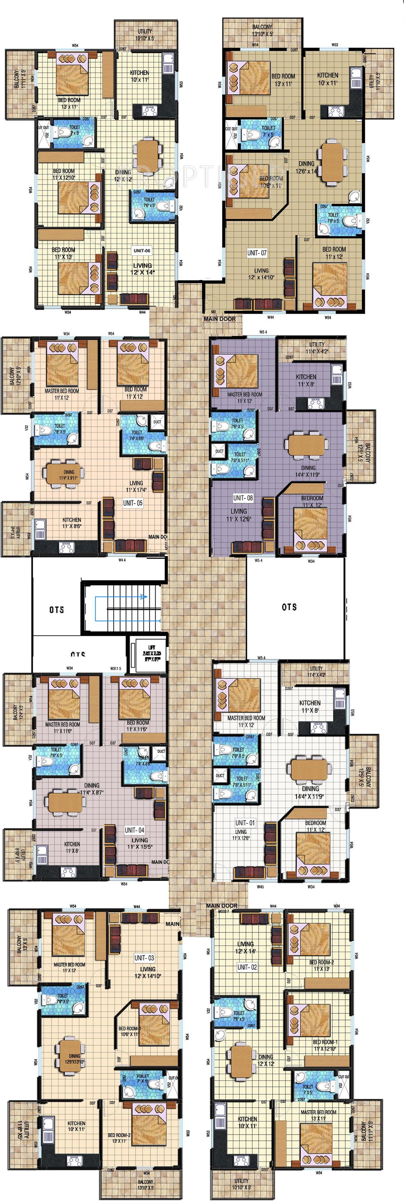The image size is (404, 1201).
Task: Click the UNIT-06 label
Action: pyautogui.click(x=142, y=250)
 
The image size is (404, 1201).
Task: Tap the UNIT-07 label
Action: pyautogui.click(x=257, y=253)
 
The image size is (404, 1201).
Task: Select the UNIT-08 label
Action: pyautogui.click(x=243, y=498)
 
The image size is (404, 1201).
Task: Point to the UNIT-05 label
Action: pyautogui.click(x=133, y=503)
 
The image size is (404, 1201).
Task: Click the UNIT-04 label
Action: pyautogui.click(x=134, y=830)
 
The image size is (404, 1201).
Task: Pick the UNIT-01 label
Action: pyautogui.click(x=245, y=823)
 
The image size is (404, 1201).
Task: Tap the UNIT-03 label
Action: pyautogui.click(x=144, y=958)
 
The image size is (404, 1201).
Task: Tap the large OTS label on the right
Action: pyautogui.click(x=290, y=607)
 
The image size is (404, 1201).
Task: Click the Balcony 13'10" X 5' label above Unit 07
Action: pyautogui.click(x=262, y=31)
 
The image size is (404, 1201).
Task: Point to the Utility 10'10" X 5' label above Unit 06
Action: pyautogui.click(x=144, y=35)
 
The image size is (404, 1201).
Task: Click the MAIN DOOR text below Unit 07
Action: pyautogui.click(x=220, y=319)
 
